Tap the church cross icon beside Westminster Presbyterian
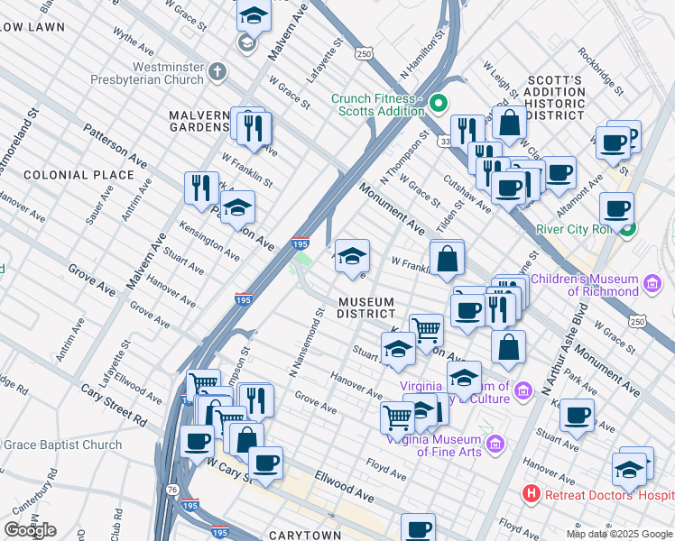click(x=217, y=72)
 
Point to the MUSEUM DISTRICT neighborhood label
click(x=365, y=307)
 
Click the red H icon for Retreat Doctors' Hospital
click(x=532, y=494)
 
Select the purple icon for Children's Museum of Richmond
click(x=652, y=285)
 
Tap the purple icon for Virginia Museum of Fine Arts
click(x=494, y=444)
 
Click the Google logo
click(x=30, y=529)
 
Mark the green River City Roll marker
click(x=634, y=229)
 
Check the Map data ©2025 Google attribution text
click(x=619, y=534)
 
